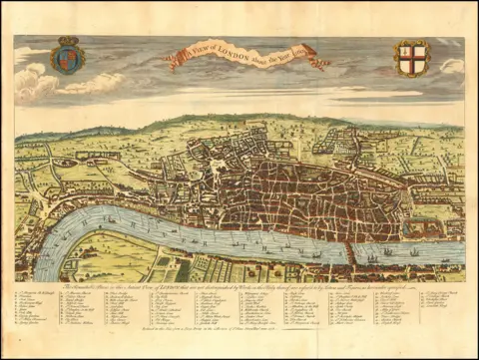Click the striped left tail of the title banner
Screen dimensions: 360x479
pos(173,63)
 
